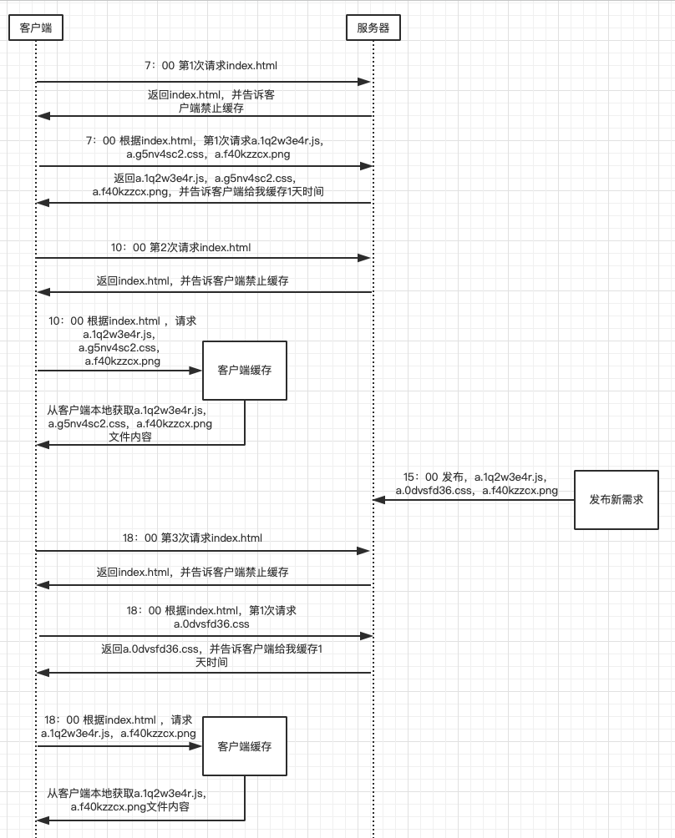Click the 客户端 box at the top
[x=36, y=28]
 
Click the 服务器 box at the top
[x=373, y=28]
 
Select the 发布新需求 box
[x=616, y=499]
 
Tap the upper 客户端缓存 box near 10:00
[x=244, y=370]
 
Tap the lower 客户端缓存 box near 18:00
[x=244, y=746]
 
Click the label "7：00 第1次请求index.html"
[x=211, y=65]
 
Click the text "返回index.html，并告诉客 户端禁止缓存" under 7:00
[x=211, y=101]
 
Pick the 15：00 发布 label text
[x=476, y=483]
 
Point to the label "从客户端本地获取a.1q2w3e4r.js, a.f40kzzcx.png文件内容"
[x=127, y=800]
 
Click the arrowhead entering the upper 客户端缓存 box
[x=197, y=370]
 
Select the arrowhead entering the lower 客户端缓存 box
[x=197, y=746]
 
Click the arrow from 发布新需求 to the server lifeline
[x=473, y=499]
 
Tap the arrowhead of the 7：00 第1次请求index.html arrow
[x=364, y=82]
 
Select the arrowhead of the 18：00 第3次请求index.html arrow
[x=364, y=551]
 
